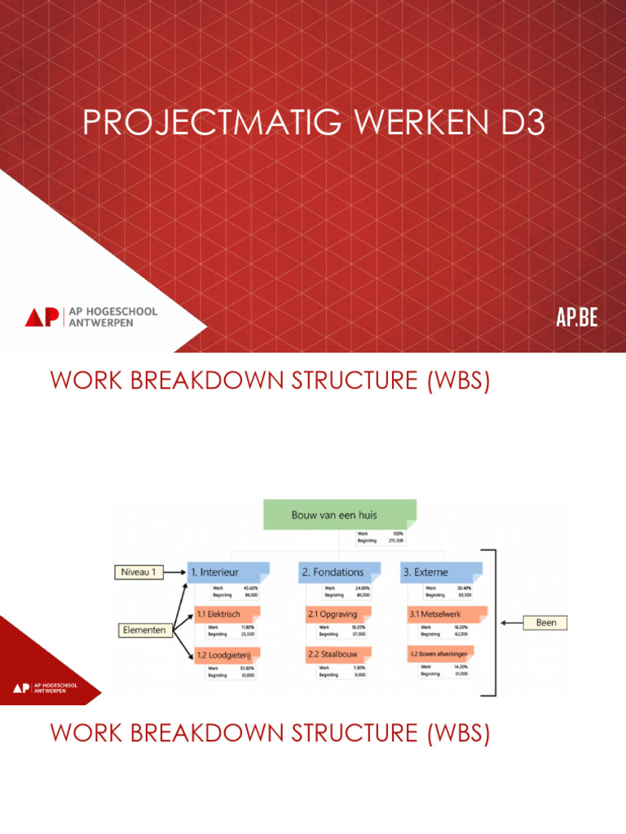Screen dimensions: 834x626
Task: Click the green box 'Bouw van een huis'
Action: tap(339, 515)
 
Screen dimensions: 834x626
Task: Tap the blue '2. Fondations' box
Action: tap(339, 572)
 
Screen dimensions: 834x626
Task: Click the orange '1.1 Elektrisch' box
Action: tap(227, 614)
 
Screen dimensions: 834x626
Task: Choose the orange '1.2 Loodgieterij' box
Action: tap(227, 655)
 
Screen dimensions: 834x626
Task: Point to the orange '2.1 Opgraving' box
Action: tap(339, 614)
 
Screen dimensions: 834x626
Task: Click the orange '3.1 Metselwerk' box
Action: tap(447, 614)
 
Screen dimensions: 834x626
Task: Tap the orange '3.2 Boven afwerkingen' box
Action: tap(447, 653)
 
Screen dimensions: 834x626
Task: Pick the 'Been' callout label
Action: tap(546, 622)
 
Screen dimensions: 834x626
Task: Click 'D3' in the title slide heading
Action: tap(517, 124)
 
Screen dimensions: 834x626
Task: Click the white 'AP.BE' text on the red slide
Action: tap(577, 318)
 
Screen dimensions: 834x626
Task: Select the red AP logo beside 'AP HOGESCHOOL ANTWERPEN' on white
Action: tap(42, 317)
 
